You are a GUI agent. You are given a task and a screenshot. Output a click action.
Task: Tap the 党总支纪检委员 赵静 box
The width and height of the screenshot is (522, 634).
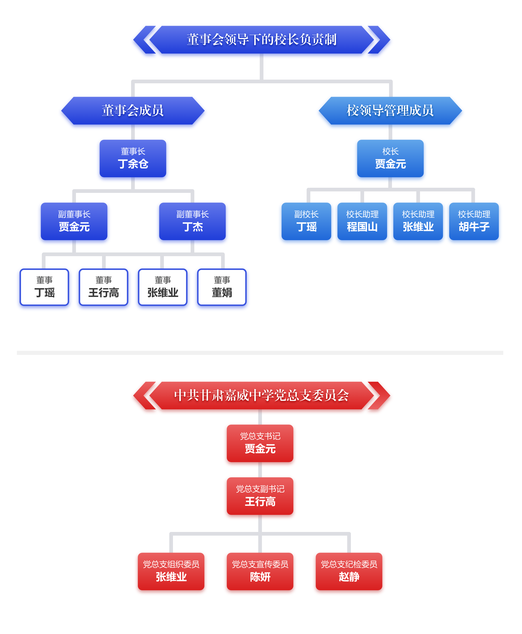pyautogui.click(x=349, y=571)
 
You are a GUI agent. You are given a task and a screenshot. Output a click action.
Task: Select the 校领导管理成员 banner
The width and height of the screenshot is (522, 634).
pyautogui.click(x=390, y=110)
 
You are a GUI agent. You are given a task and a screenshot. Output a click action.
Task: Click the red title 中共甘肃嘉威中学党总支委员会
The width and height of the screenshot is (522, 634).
pyautogui.click(x=261, y=395)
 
